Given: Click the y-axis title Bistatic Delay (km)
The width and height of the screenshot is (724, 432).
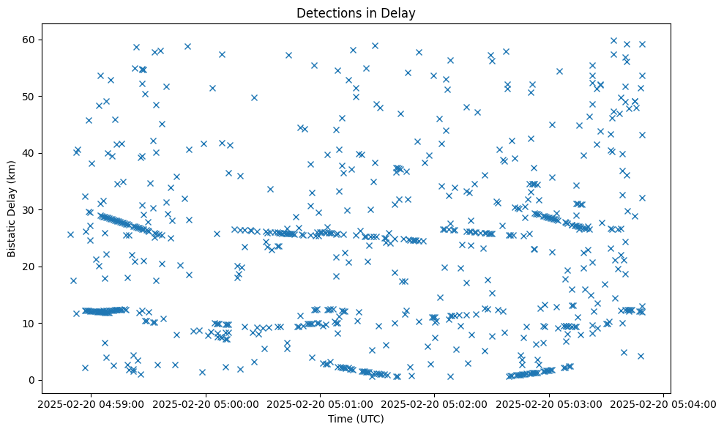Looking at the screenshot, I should (12, 209).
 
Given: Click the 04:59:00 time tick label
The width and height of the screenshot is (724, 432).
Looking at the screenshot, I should (91, 404).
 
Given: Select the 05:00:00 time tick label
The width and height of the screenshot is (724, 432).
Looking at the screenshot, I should (206, 404).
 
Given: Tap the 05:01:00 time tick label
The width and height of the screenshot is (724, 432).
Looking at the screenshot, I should (320, 404).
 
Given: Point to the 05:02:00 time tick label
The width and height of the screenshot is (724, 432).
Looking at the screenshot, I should (435, 404).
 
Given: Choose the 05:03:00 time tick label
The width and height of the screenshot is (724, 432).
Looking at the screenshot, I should (549, 404).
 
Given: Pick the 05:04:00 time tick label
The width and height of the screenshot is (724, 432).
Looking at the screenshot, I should (663, 404).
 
